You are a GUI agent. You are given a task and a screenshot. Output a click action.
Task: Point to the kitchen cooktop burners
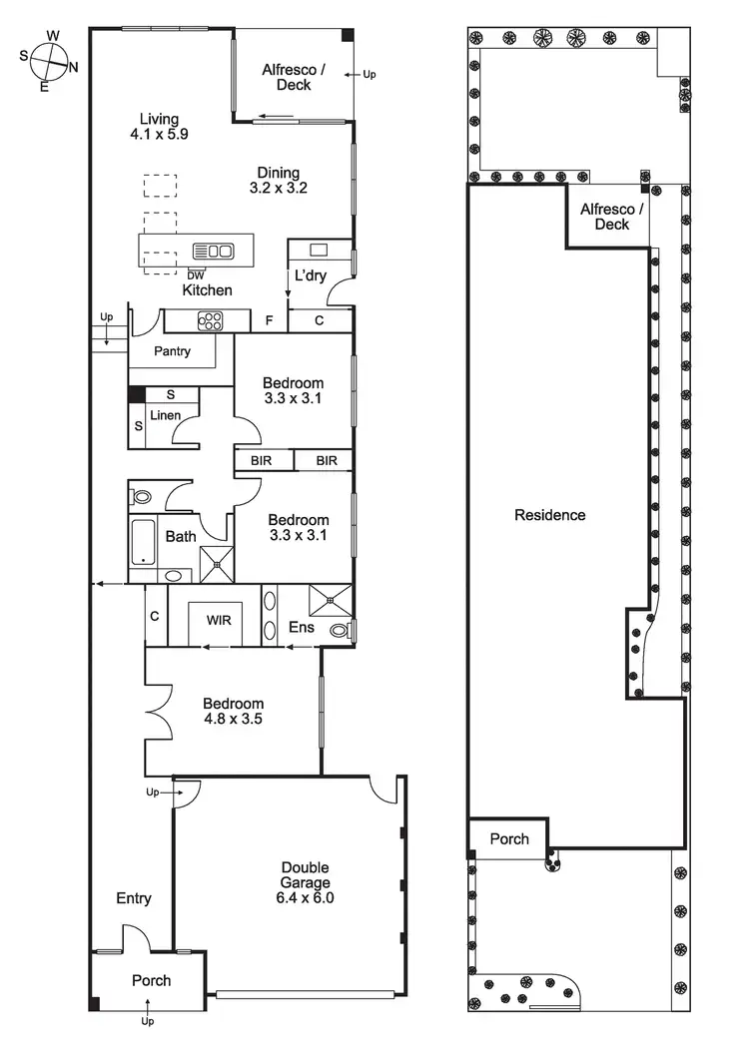click(x=210, y=320)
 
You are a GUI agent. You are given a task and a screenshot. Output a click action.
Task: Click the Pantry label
click(x=173, y=351)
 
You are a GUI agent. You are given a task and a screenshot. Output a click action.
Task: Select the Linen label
click(x=165, y=414)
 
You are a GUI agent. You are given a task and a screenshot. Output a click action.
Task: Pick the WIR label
click(x=219, y=620)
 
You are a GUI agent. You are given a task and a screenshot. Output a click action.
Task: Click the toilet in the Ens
click(x=340, y=630)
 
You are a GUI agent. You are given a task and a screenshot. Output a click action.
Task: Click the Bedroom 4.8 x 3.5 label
click(x=233, y=711)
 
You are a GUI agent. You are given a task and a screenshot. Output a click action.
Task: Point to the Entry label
click(x=133, y=898)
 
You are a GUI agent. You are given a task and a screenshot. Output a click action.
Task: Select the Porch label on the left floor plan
click(x=152, y=980)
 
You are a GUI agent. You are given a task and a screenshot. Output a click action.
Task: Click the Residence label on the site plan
click(x=549, y=515)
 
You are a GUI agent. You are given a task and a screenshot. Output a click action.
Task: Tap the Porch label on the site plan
click(x=509, y=838)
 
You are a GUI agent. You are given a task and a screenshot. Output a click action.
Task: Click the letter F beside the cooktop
click(x=268, y=321)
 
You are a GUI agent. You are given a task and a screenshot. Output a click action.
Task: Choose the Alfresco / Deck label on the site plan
click(x=612, y=217)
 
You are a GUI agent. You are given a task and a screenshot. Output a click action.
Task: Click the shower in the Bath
click(x=215, y=564)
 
